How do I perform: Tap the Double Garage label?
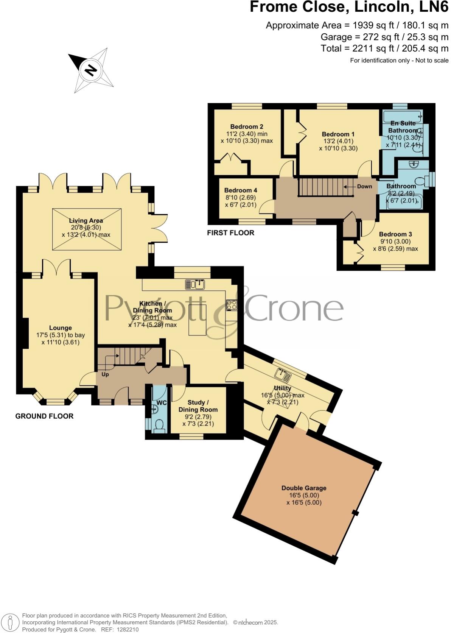point(303,488)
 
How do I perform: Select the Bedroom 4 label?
point(241,190)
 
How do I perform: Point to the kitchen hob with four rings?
point(231,305)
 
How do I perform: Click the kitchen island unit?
point(198,320)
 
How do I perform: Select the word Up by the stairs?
point(105,374)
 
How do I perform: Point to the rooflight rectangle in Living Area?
point(87,229)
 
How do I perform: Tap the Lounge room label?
point(60,328)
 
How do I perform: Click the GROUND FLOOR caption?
point(44,416)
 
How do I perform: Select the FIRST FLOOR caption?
point(230,233)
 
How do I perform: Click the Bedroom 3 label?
point(395,234)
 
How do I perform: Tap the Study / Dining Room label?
point(198,406)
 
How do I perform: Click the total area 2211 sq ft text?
point(384,48)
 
